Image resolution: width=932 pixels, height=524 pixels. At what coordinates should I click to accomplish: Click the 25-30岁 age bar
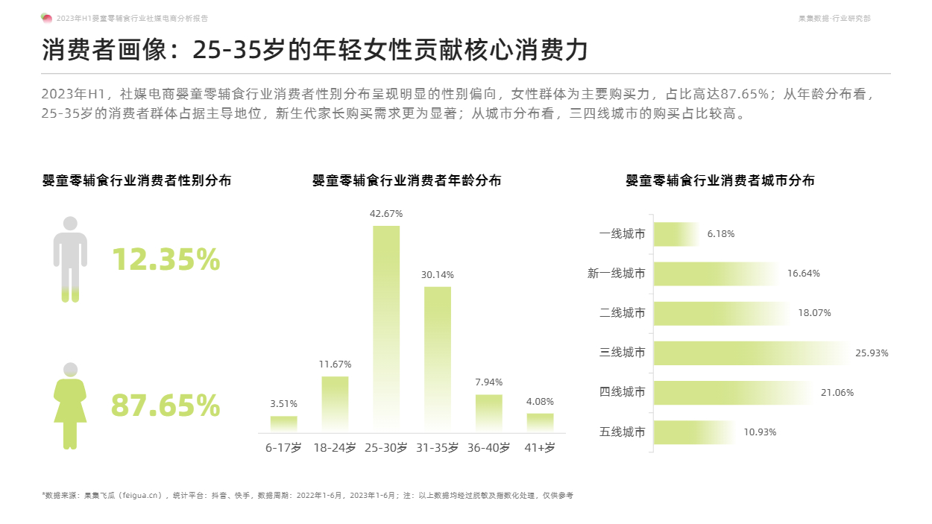(x=386, y=328)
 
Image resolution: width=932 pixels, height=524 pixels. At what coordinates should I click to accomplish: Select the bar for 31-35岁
(x=438, y=359)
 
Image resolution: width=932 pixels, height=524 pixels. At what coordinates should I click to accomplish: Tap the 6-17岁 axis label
(x=283, y=448)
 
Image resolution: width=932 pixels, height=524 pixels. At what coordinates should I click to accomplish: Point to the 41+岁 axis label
(x=540, y=448)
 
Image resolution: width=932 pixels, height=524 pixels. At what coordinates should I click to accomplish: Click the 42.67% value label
(x=386, y=214)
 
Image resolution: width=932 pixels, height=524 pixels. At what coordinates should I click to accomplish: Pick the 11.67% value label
(x=335, y=364)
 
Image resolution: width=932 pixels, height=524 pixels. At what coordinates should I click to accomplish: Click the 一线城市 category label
(x=622, y=234)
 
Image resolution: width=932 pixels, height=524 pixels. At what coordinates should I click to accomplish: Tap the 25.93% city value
(x=872, y=353)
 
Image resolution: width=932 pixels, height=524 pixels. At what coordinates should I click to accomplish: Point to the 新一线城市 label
(x=616, y=274)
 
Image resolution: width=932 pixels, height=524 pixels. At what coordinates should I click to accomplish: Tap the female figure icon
(x=70, y=405)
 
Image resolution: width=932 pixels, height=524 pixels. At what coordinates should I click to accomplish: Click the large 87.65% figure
(x=166, y=405)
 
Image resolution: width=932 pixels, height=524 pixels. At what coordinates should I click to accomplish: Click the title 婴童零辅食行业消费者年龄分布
(x=406, y=180)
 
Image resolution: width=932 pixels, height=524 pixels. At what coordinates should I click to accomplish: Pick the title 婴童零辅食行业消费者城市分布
(x=720, y=180)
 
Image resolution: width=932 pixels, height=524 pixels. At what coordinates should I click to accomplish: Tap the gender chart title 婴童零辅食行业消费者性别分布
(x=136, y=180)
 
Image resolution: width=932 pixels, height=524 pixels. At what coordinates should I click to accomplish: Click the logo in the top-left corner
(x=46, y=18)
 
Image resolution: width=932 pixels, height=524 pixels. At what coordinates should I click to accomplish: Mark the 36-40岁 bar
(x=488, y=413)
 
